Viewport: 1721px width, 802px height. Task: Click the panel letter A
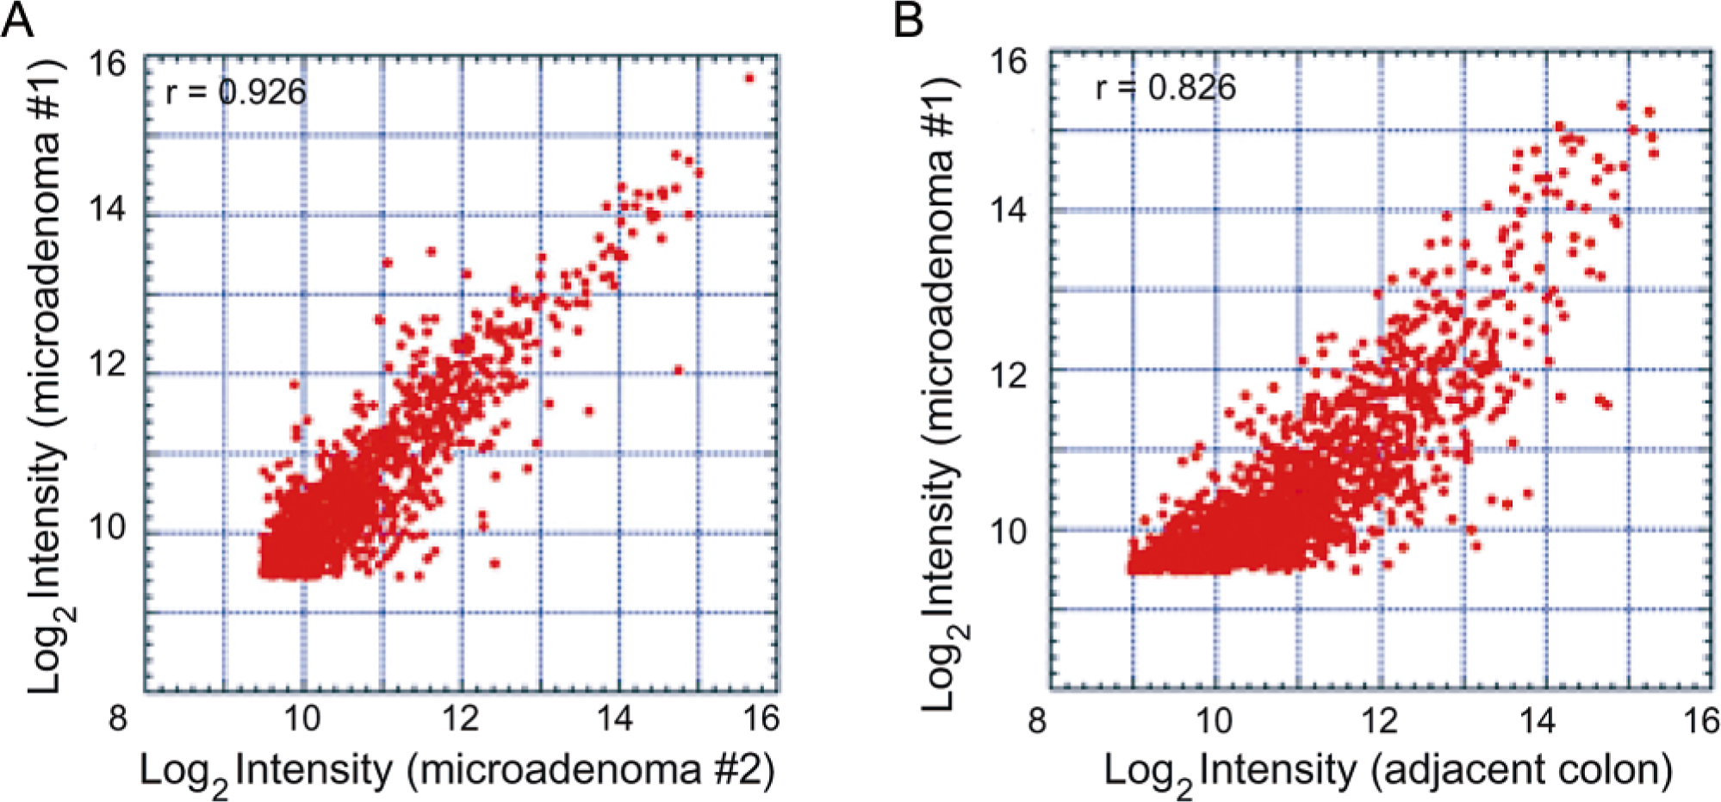click(x=17, y=20)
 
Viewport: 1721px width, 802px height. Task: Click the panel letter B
click(x=910, y=20)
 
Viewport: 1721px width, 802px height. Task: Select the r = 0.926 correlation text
click(x=235, y=91)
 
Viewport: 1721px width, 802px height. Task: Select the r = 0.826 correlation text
click(x=1165, y=87)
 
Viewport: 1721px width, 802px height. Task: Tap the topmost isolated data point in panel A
click(x=749, y=78)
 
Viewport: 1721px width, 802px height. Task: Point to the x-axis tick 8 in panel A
click(x=118, y=717)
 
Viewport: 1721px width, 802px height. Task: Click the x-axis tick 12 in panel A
click(x=461, y=717)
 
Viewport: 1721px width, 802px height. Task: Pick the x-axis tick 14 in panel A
click(x=614, y=717)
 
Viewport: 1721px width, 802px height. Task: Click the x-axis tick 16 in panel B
click(x=1700, y=719)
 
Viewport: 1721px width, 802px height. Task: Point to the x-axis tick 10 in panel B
click(x=1215, y=719)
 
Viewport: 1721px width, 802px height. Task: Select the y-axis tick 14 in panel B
click(x=1008, y=209)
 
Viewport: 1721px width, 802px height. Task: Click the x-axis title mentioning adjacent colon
click(x=1389, y=772)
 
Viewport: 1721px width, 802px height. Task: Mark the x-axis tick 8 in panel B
click(x=1037, y=719)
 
